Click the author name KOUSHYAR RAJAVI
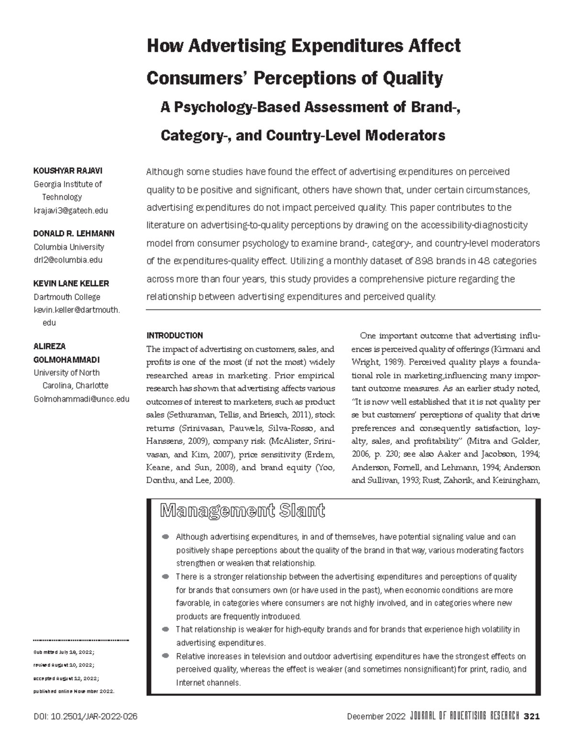pyautogui.click(x=67, y=171)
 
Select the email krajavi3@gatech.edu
pyautogui.click(x=70, y=211)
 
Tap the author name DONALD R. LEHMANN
pyautogui.click(x=74, y=233)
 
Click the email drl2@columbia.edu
pyautogui.click(x=68, y=260)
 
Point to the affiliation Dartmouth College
pyautogui.click(x=66, y=297)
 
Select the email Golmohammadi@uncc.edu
pyautogui.click(x=81, y=399)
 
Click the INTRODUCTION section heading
pyautogui.click(x=175, y=335)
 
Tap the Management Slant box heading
pyautogui.click(x=243, y=511)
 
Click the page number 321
pyautogui.click(x=532, y=716)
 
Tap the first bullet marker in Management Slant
pyautogui.click(x=166, y=537)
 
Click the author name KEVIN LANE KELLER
pyautogui.click(x=71, y=283)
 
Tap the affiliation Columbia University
pyautogui.click(x=68, y=247)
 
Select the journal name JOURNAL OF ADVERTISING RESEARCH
pyautogui.click(x=464, y=716)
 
